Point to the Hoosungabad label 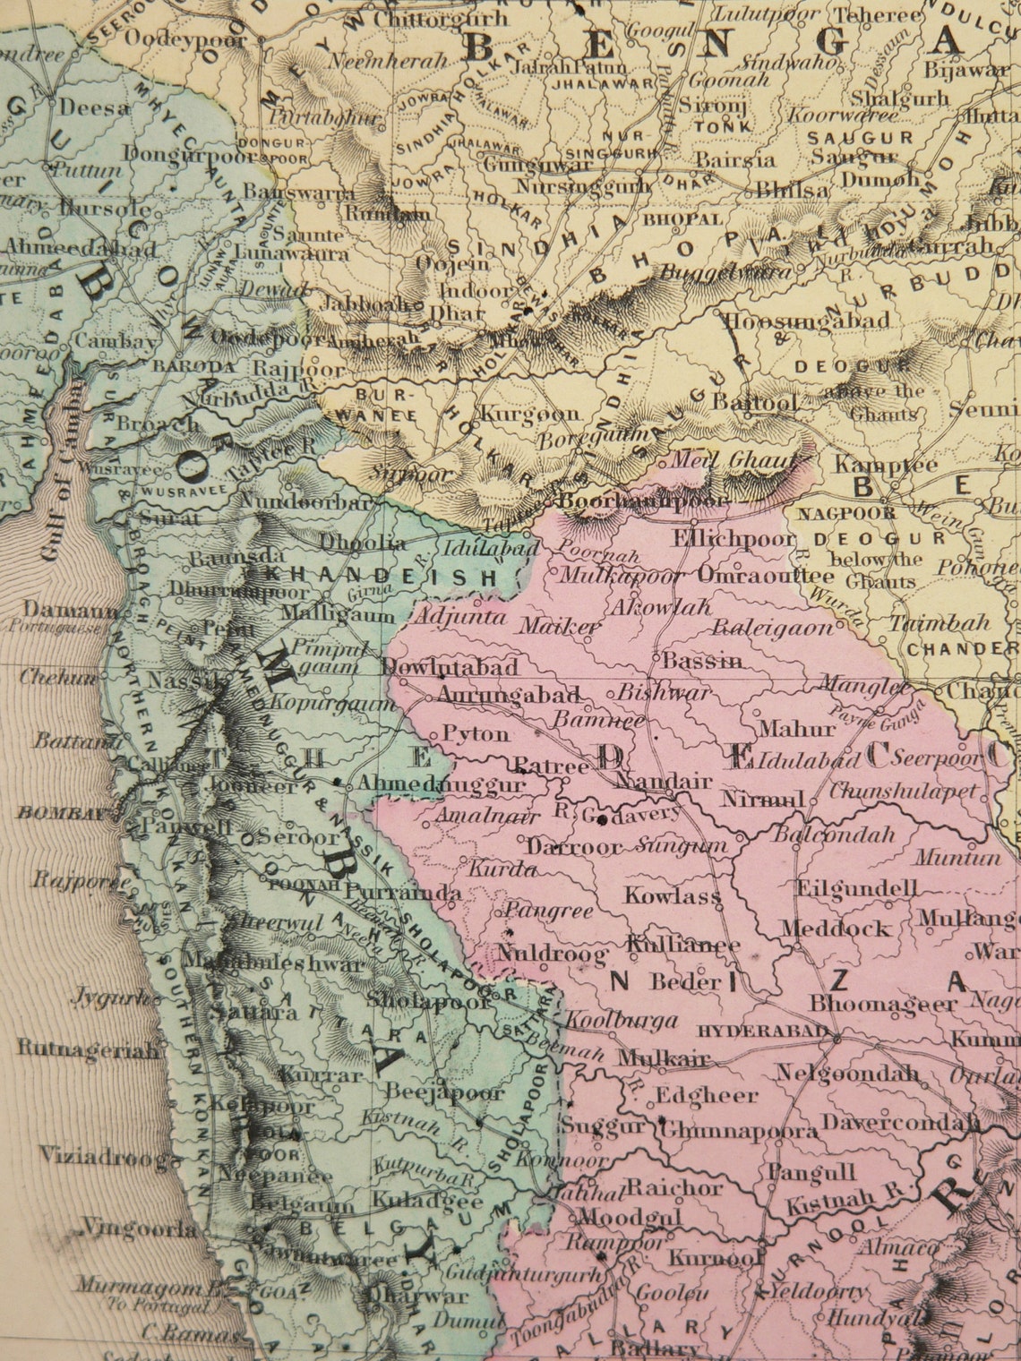806,321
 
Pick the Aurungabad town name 509,696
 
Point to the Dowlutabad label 450,667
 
